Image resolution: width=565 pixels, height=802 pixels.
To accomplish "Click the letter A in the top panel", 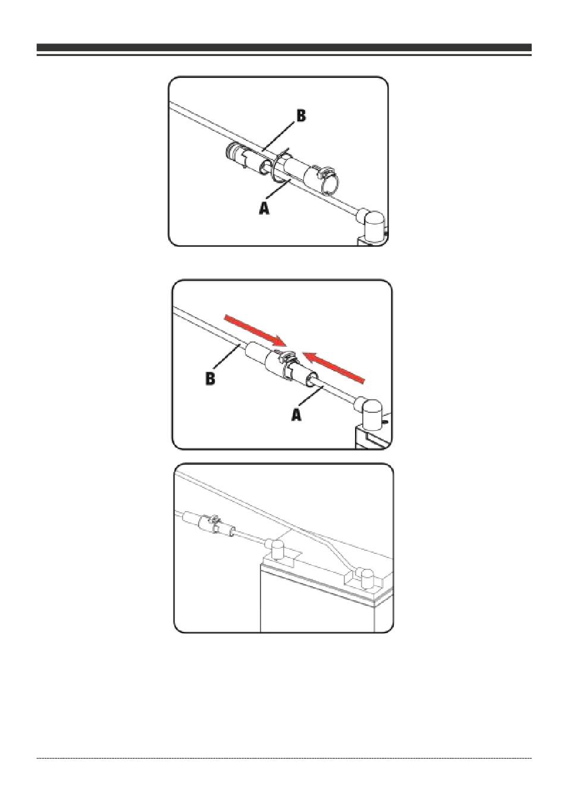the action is click(x=264, y=208).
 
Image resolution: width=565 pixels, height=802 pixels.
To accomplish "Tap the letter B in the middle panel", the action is click(x=211, y=378).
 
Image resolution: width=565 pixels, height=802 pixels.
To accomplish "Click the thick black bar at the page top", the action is click(x=284, y=48).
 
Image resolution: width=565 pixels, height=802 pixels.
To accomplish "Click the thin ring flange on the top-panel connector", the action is click(x=275, y=166).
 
